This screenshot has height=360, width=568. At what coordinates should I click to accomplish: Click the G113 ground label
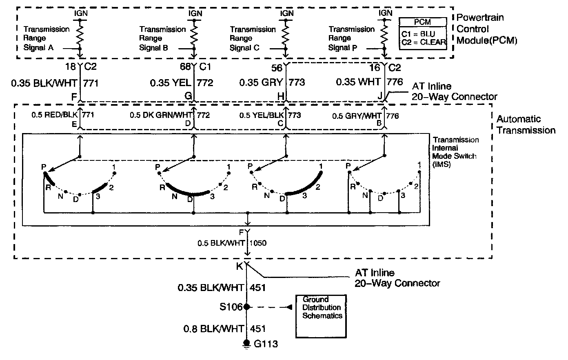tap(266, 344)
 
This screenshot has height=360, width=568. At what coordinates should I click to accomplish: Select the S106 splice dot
tap(246, 307)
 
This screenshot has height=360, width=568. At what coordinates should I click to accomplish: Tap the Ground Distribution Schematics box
tap(322, 316)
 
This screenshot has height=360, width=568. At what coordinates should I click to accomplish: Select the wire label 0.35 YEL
tap(170, 82)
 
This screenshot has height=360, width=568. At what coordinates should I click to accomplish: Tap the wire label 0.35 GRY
tap(261, 82)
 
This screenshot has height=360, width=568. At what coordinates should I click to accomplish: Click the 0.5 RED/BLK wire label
tap(55, 115)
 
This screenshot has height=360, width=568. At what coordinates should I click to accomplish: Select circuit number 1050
tap(257, 243)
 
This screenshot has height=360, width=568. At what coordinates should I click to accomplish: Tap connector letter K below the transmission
tap(240, 267)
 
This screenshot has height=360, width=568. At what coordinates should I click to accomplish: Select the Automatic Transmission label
tap(526, 124)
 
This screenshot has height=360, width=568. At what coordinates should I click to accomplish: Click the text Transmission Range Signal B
tap(162, 38)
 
